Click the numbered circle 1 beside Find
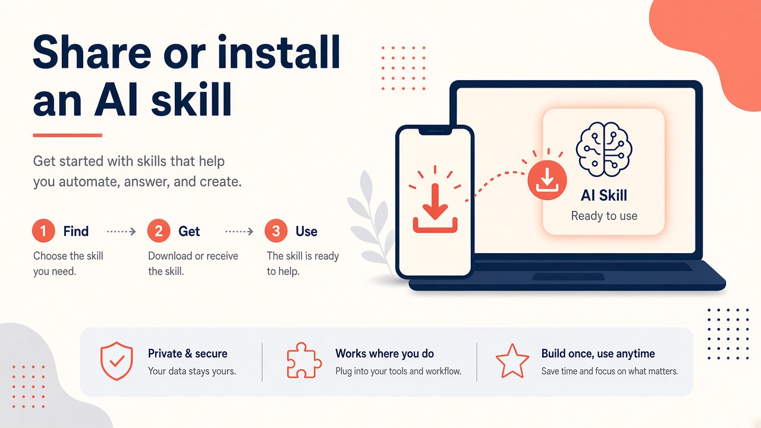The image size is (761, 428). [43, 231]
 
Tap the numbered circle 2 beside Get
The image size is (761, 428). [159, 231]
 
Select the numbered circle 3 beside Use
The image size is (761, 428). [276, 231]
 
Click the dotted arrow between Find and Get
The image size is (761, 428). [121, 232]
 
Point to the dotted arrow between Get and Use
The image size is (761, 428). [239, 232]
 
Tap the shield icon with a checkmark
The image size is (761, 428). [117, 361]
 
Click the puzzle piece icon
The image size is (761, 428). [304, 360]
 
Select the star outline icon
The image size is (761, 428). [512, 361]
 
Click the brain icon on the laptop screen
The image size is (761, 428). [604, 149]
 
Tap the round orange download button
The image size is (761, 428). [547, 180]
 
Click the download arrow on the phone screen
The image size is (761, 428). [435, 208]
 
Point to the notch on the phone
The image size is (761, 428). [435, 132]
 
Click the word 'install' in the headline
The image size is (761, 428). [279, 52]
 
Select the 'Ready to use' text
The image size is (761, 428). [604, 216]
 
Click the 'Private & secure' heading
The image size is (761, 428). [187, 354]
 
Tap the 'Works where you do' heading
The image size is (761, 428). [385, 354]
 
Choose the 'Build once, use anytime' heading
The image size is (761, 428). [598, 354]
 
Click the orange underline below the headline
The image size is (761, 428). [68, 135]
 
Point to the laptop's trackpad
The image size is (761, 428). [568, 277]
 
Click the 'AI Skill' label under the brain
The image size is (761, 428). [604, 196]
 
